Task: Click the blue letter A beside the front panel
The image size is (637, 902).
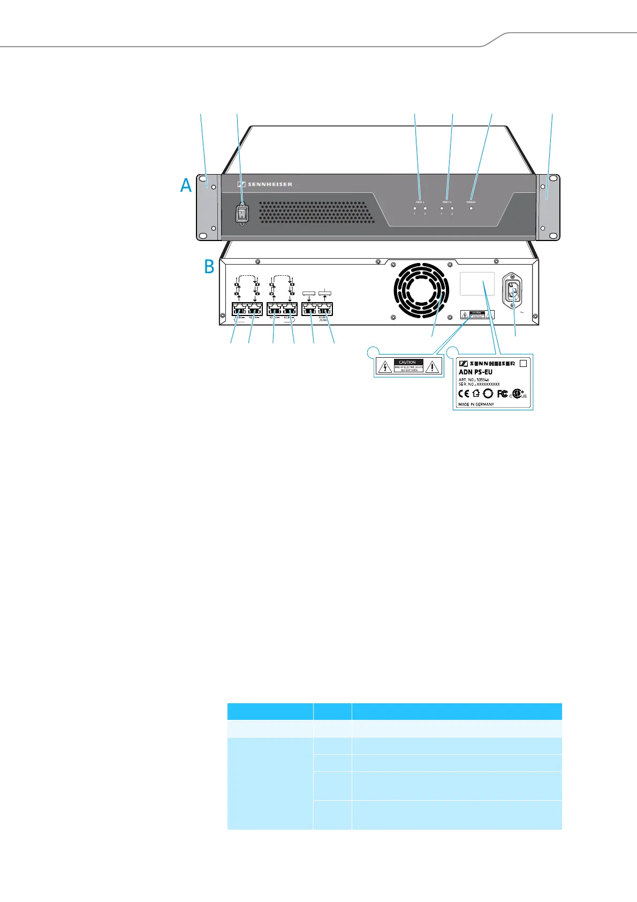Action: click(x=186, y=185)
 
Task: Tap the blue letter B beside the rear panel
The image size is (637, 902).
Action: click(x=209, y=266)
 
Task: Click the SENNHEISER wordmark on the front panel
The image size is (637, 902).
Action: click(x=265, y=184)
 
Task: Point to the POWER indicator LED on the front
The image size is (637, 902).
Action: click(x=471, y=208)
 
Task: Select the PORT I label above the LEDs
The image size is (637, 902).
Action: click(x=420, y=202)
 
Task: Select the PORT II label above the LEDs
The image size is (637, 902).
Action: click(x=447, y=202)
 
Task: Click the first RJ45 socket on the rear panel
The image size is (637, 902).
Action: click(x=239, y=309)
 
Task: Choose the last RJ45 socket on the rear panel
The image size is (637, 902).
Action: click(x=324, y=309)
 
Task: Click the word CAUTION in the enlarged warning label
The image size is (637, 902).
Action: click(x=408, y=362)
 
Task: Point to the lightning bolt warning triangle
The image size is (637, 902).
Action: click(x=384, y=367)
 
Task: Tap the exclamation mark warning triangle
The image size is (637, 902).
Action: click(x=432, y=367)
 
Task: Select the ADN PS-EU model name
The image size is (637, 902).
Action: click(x=475, y=372)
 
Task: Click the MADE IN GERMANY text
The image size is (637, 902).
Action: click(x=476, y=404)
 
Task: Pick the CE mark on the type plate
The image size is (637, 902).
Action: click(x=464, y=393)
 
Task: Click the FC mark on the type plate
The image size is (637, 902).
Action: click(x=502, y=393)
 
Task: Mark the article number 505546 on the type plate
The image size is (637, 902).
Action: click(x=482, y=379)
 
